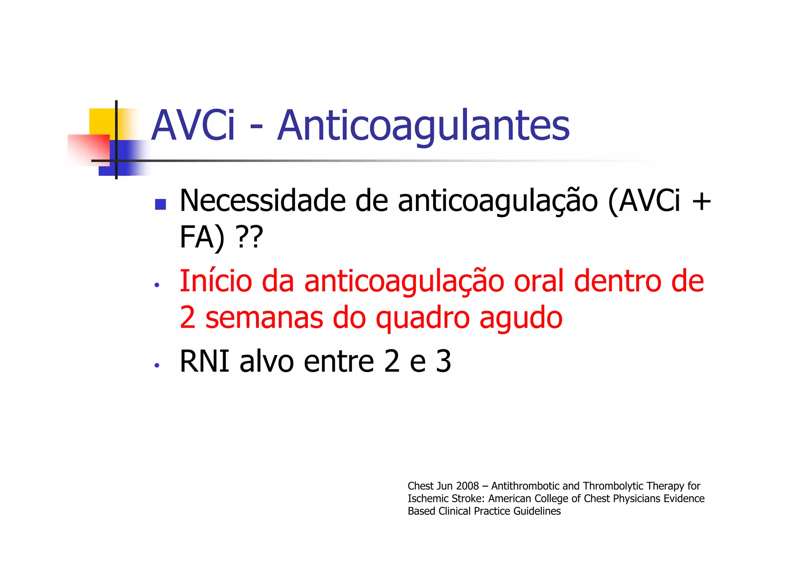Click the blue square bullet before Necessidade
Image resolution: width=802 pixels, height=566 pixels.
click(x=160, y=205)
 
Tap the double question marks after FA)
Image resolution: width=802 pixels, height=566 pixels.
click(x=249, y=237)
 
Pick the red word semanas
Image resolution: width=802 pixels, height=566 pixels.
click(x=264, y=318)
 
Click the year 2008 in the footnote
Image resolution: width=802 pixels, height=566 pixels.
click(x=468, y=486)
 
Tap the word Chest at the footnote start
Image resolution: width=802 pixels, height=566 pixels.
click(x=421, y=486)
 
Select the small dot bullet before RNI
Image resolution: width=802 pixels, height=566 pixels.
click(x=157, y=365)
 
